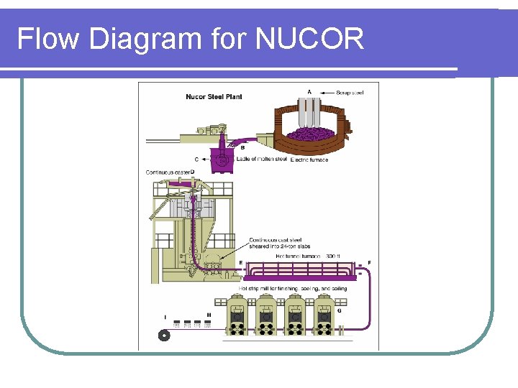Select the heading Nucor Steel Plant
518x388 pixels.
[x=214, y=97]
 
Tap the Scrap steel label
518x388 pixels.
[x=350, y=93]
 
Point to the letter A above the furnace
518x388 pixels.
[x=309, y=91]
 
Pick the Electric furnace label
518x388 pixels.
[x=309, y=160]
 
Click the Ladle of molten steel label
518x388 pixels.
[x=260, y=159]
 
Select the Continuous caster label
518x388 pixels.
[x=168, y=172]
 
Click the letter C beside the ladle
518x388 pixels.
[x=196, y=160]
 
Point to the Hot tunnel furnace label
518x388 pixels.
[x=298, y=256]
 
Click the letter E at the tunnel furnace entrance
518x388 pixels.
[x=240, y=263]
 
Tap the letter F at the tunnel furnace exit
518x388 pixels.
[x=370, y=263]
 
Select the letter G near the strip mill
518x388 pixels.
[x=339, y=310]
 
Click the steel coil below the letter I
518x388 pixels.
[x=165, y=335]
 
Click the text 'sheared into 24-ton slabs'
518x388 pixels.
[x=275, y=246]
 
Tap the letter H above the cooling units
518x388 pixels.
[x=209, y=315]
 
